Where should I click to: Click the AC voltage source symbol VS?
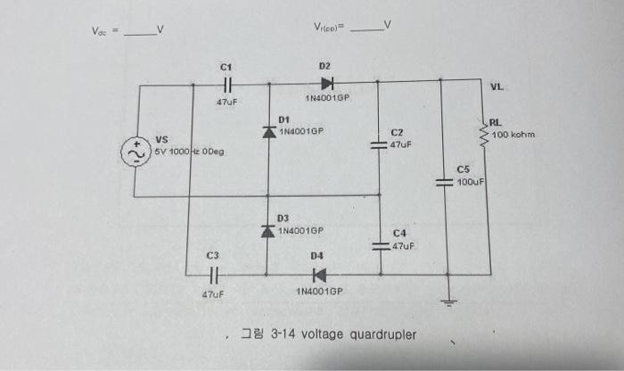pos(139,152)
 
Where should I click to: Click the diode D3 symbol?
pos(268,231)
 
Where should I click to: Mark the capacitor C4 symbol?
pos(379,246)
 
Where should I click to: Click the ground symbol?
pos(451,301)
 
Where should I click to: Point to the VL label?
pos(497,87)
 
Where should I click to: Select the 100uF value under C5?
pos(469,182)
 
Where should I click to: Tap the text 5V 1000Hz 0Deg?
pos(190,152)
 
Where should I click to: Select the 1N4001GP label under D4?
pos(319,292)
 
